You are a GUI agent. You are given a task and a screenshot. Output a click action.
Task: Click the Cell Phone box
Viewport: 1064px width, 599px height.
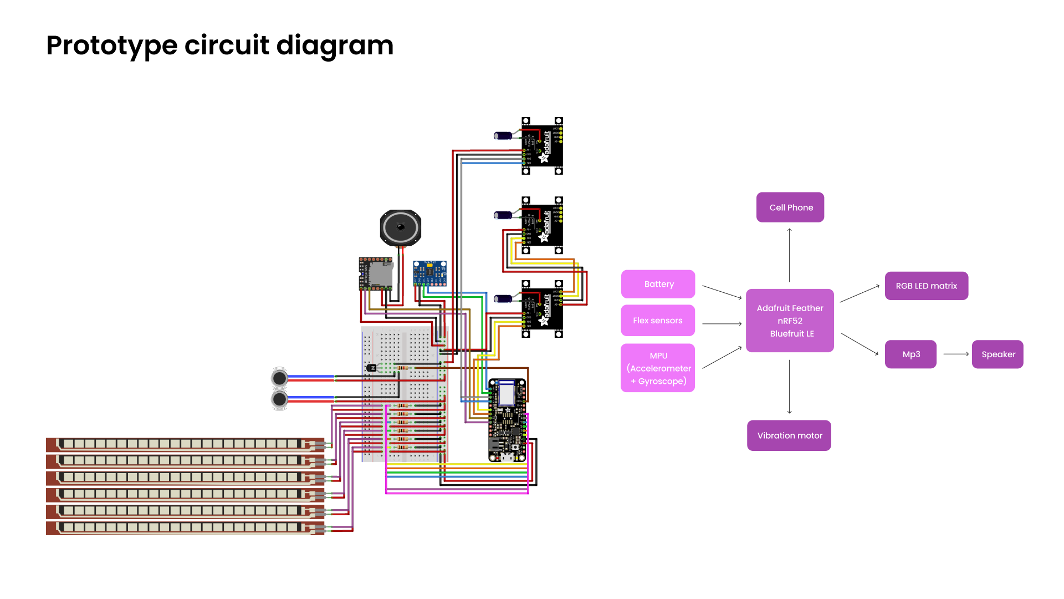(790, 207)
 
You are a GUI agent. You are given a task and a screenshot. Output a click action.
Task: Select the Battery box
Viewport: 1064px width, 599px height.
(658, 284)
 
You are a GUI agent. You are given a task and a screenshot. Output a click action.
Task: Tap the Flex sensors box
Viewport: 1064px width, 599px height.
(658, 321)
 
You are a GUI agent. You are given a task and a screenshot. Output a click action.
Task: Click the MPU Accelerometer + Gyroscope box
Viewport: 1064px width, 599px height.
(658, 368)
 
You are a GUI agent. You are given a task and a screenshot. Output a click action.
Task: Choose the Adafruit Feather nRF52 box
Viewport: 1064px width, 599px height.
(790, 321)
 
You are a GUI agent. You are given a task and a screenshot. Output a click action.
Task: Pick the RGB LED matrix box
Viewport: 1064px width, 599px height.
(926, 286)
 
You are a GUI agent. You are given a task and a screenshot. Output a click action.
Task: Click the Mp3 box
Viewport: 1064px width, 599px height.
(910, 354)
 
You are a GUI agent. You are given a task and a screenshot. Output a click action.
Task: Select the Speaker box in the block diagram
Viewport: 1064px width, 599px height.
(997, 354)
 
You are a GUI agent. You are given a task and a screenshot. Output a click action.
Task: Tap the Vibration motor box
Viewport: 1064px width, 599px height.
(789, 435)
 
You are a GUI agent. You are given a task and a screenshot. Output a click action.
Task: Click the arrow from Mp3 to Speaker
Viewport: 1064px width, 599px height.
(955, 354)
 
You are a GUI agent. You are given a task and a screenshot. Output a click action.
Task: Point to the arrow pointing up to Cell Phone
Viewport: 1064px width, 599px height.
(790, 255)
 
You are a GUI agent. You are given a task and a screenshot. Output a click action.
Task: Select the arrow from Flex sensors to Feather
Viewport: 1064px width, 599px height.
(722, 323)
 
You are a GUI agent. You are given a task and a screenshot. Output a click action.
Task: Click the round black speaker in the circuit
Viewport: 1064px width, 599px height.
(401, 227)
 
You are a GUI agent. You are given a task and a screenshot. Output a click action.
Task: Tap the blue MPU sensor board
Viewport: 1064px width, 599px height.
(429, 273)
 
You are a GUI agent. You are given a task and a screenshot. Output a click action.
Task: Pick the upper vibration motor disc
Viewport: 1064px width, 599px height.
(279, 378)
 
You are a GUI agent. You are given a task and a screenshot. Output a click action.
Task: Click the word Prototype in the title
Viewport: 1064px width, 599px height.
(111, 45)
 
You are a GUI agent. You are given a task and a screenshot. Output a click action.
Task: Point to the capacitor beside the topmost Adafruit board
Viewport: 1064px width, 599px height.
(504, 135)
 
